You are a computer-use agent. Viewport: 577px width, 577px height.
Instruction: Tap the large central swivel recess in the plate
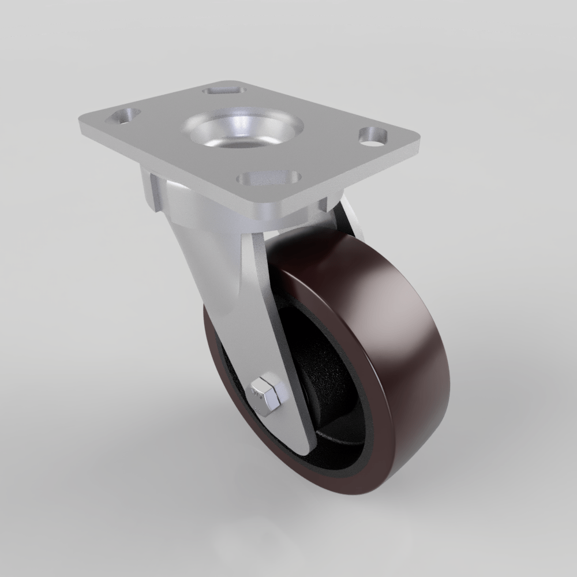click(x=242, y=132)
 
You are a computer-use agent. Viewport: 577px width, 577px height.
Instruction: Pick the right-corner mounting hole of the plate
click(x=374, y=136)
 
